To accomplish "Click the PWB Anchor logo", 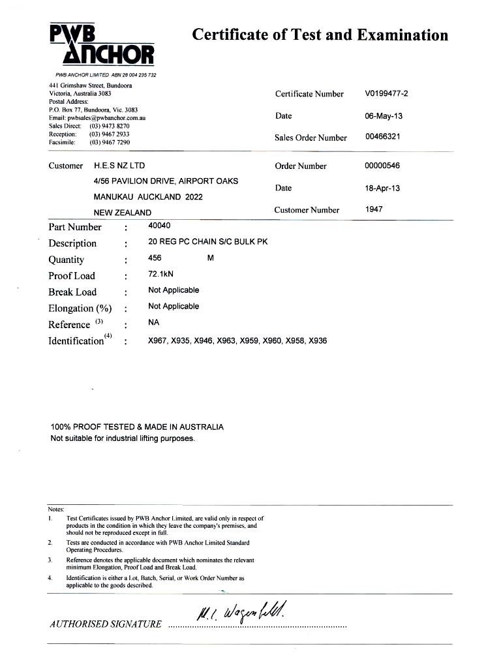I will pos(102,45).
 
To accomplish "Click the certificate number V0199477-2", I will pos(386,93).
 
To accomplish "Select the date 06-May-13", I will pos(384,115).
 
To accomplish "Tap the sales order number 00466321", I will pos(382,137).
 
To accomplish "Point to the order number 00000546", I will pos(382,166).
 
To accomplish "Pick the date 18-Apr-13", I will pos(382,188).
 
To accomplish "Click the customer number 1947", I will pos(374,209).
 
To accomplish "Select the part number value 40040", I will pos(159,226).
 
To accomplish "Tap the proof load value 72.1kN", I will pos(159,274).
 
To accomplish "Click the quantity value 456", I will pos(155,258).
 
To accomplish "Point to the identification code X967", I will pos(159,341).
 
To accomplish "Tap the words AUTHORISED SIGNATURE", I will pos(105,624).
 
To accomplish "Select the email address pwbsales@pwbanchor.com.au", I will pos(108,118).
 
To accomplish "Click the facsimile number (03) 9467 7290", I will pos(110,142).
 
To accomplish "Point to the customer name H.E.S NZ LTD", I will pos(119,166).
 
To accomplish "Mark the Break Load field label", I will pos(72,292).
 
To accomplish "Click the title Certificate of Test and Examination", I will pos(320,35).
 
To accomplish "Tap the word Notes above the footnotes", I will pos(56,509).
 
